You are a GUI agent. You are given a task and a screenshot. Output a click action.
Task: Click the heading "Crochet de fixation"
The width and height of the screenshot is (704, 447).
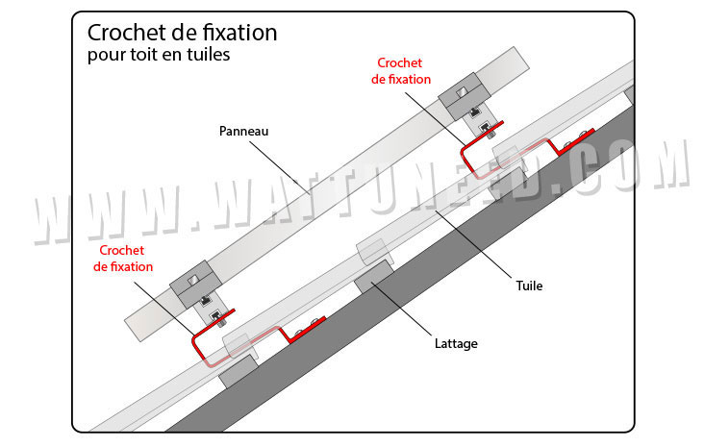183,33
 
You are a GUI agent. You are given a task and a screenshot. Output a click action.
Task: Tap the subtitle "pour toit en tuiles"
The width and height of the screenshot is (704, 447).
159,55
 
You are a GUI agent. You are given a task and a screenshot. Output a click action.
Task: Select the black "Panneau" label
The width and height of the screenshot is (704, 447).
243,131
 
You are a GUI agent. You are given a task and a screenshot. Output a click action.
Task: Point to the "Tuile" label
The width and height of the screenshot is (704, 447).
529,286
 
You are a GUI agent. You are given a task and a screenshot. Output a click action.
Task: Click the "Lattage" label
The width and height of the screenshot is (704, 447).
456,344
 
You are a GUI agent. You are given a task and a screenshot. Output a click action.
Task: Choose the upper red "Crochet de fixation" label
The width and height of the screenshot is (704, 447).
400,71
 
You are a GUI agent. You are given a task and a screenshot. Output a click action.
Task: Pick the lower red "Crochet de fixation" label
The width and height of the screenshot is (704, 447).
123,259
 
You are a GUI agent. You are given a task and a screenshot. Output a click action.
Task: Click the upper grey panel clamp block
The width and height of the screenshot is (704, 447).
464,95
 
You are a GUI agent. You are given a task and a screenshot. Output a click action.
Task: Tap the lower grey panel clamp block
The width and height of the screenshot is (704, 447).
195,284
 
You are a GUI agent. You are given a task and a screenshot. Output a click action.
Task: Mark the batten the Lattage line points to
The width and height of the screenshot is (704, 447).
374,277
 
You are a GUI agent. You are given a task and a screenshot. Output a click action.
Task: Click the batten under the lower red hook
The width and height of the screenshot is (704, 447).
239,371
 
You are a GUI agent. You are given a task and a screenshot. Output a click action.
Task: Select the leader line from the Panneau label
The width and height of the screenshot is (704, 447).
280,168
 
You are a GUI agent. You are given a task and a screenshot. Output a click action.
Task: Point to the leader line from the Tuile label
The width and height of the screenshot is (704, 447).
473,243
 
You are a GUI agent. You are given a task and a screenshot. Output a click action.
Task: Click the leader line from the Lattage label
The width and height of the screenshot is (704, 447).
402,310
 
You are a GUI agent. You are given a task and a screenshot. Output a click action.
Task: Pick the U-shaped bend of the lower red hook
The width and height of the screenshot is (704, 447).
198,349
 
